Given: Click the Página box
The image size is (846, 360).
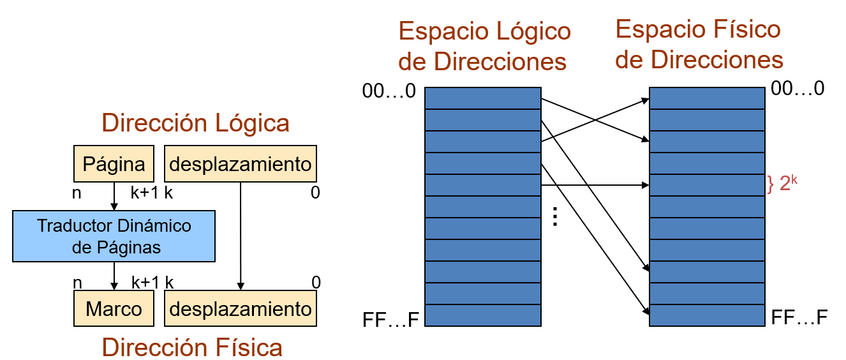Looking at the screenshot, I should pos(114,165).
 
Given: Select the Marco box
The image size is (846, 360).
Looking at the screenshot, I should pos(114,310).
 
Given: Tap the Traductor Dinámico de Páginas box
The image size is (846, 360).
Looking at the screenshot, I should pos(114,236).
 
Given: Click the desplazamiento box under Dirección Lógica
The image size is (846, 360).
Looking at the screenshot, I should pos(241,165).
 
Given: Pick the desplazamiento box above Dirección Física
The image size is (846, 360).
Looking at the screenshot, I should pos(241,310).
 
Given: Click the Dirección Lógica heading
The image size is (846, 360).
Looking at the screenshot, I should pos(196,123).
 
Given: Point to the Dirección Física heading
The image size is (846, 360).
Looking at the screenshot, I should pos(192,347).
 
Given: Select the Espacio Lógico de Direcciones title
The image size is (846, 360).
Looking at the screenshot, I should pos(484,46).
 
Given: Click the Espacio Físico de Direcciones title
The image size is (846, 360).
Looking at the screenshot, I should pos(698,45).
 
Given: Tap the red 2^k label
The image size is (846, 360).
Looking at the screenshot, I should pos(783,184).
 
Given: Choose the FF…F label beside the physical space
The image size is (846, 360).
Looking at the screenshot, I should pos(799,317).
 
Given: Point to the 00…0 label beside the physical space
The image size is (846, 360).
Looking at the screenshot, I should pos(798,89).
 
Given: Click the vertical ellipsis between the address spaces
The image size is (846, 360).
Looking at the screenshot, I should pos(555,217).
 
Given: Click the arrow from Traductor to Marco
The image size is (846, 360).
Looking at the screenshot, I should pos(114,276).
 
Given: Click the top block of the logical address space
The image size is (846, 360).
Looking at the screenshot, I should pos(483,98).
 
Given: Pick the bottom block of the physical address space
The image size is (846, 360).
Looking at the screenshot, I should pos(707,315).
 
